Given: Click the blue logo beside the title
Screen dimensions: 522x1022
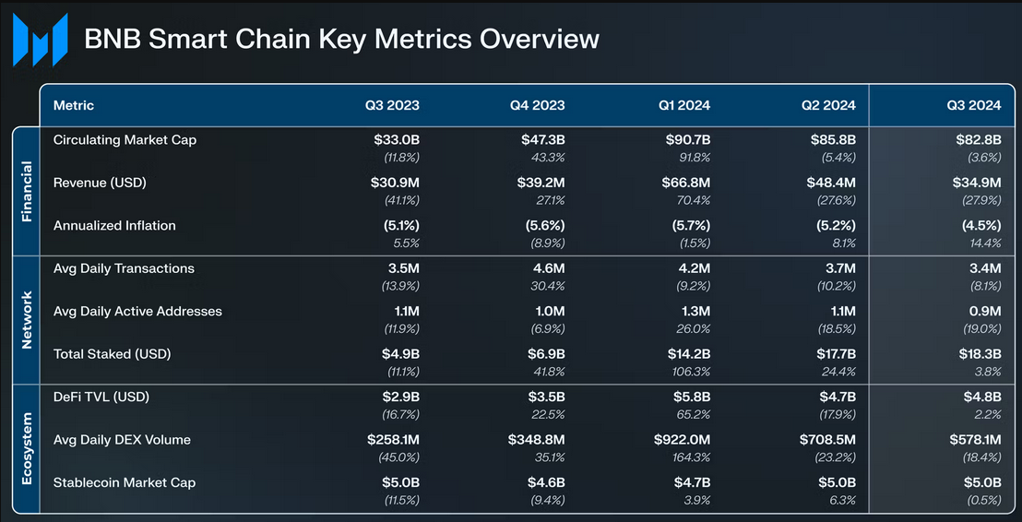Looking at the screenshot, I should (x=41, y=40).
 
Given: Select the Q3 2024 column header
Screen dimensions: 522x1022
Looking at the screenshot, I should (x=973, y=105).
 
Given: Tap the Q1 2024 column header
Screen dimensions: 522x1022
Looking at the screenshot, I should (x=683, y=105).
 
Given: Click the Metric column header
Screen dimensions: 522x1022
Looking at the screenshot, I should (x=74, y=105).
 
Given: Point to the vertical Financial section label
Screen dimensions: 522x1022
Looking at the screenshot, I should (x=26, y=191).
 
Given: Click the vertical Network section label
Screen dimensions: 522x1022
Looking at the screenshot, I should (x=26, y=320).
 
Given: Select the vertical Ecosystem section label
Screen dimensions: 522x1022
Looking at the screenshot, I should (x=26, y=448).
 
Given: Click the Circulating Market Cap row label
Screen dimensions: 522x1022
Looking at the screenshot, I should (x=125, y=140).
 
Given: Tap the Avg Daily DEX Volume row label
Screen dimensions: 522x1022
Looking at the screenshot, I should (x=122, y=440).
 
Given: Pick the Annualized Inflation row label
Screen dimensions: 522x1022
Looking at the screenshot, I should (x=114, y=226).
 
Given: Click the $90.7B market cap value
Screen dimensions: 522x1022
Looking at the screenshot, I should (x=687, y=140).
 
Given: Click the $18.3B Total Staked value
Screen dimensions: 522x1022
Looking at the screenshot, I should (x=979, y=354).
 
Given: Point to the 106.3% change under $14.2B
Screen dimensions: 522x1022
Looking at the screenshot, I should (x=691, y=372).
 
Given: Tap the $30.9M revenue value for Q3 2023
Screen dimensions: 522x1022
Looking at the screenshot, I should (x=395, y=183).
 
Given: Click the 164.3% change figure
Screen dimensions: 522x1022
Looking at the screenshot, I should (x=691, y=457).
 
